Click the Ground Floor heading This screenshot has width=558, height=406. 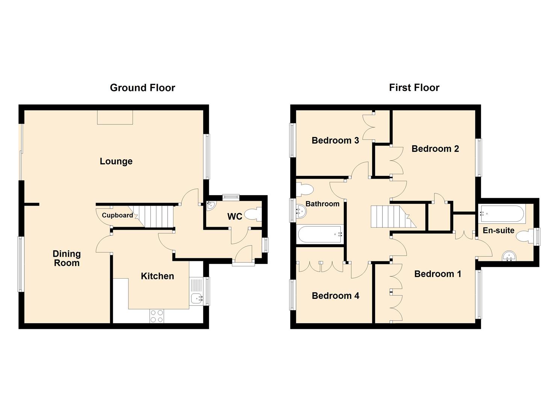142,88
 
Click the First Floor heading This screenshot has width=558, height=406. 414,88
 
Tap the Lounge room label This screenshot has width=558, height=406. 116,161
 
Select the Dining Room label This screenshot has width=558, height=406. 67,258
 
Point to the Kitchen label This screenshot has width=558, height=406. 157,276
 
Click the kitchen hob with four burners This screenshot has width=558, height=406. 157,316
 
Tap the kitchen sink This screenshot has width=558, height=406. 197,298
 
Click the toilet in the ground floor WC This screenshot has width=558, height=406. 253,215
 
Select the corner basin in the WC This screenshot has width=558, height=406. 210,205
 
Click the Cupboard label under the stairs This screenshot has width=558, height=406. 117,215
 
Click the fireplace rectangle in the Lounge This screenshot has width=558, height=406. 115,117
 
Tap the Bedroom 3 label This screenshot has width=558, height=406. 335,141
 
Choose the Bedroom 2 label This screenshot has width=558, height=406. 435,149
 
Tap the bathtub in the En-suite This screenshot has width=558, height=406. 502,214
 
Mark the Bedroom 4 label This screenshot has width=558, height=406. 335,296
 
